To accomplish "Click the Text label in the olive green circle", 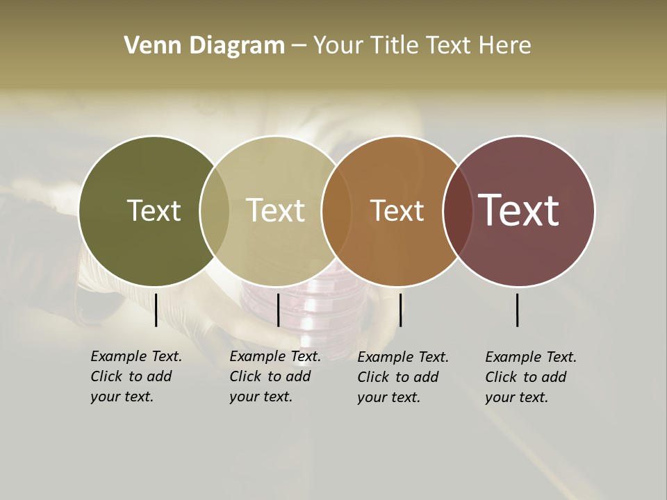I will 154,210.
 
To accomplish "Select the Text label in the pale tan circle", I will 275,210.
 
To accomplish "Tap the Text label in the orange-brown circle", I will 397,211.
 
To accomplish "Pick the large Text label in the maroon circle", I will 518,210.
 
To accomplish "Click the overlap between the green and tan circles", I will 215,211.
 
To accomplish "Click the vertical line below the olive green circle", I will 156,310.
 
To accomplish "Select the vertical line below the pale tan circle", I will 278,310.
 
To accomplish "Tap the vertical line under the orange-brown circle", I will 400,310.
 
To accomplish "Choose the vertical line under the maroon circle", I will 518,310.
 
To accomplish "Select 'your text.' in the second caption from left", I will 261,397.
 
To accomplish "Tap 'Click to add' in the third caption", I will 398,377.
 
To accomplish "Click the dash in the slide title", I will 299,47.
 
